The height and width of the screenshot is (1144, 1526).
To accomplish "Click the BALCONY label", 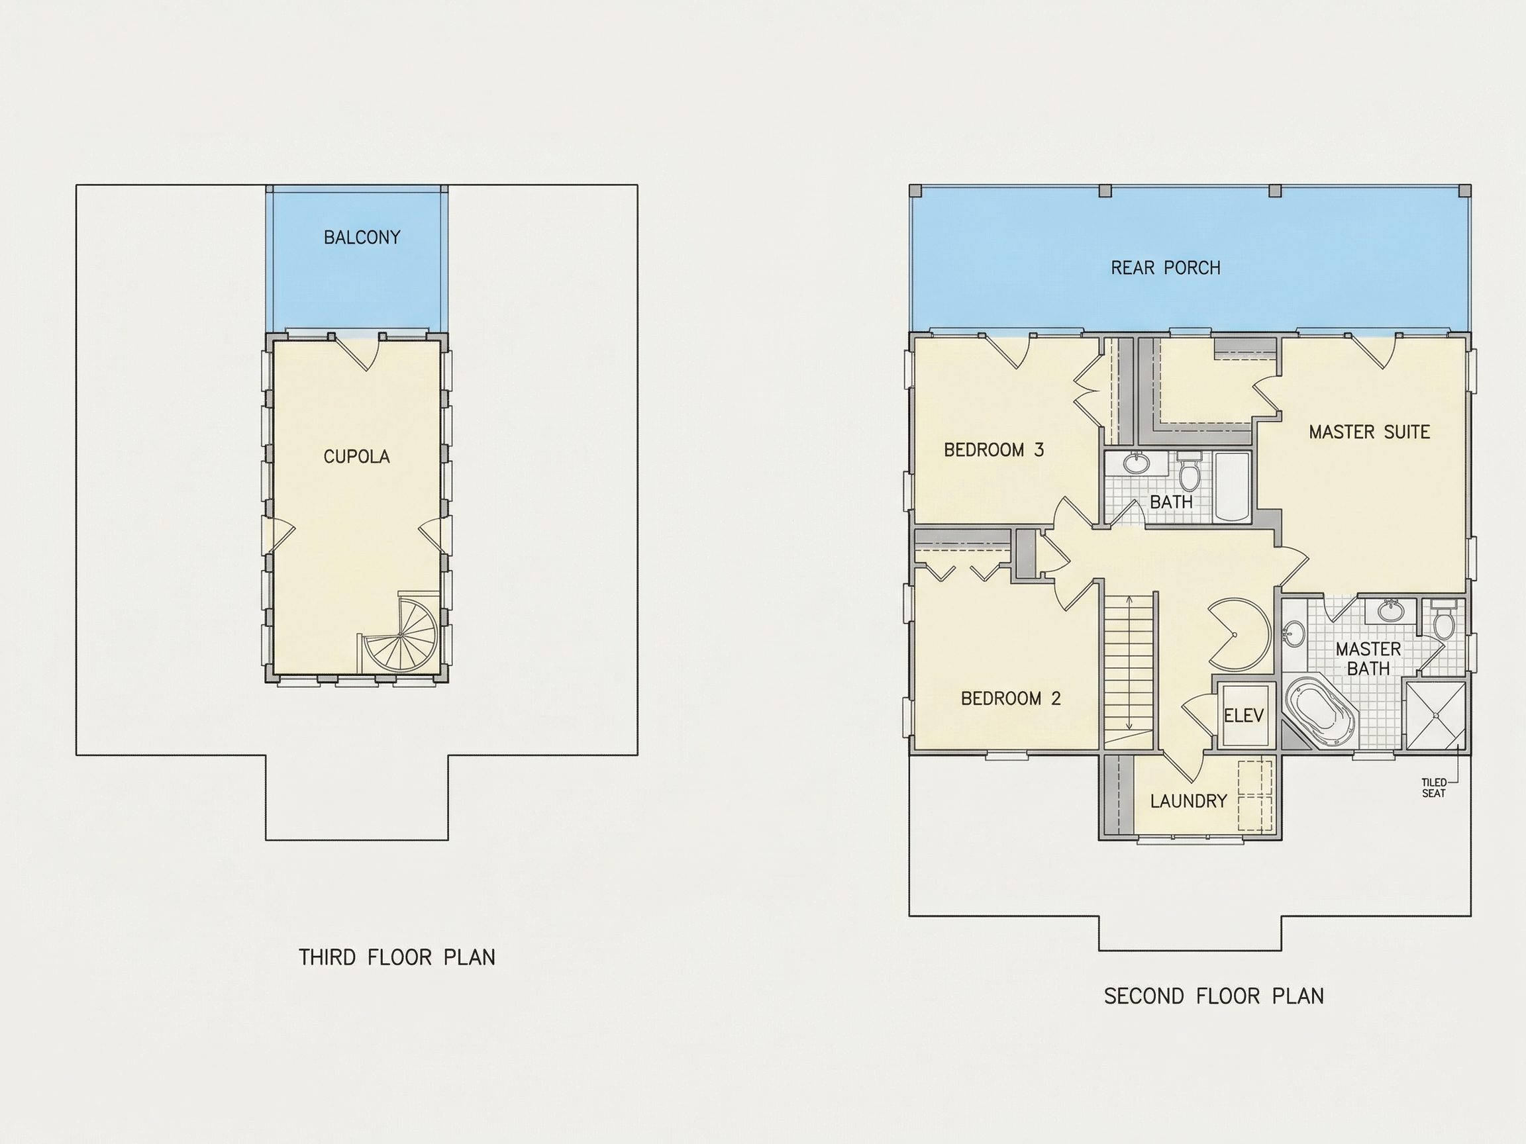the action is (362, 237).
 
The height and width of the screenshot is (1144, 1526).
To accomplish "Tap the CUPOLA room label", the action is (357, 457).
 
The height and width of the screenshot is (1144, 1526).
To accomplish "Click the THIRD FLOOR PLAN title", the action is (397, 957).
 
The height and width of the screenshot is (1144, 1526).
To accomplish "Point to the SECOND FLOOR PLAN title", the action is (1214, 996).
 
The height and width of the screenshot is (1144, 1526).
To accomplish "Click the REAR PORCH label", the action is (1166, 267).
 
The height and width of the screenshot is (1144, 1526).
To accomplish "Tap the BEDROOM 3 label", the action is (994, 450).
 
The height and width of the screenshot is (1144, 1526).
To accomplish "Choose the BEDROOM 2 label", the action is (1011, 698).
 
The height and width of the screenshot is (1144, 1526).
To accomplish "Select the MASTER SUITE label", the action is (1370, 432).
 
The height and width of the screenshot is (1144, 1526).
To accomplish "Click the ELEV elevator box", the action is (1244, 715).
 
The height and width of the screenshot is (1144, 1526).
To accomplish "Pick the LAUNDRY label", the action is (1189, 801).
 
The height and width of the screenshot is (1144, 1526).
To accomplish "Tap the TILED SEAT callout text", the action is (1433, 788).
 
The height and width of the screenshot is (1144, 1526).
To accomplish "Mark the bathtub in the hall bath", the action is (1232, 487).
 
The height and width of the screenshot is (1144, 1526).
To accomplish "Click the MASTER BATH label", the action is (1368, 659).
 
